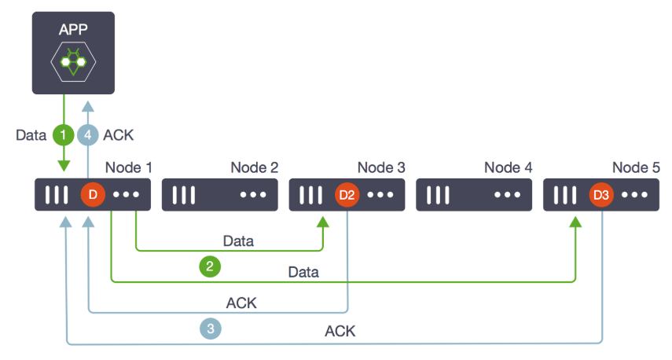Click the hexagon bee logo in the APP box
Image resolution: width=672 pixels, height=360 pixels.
click(x=73, y=62)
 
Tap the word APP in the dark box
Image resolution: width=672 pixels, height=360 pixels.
click(x=73, y=29)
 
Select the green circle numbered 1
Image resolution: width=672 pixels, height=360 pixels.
click(x=64, y=135)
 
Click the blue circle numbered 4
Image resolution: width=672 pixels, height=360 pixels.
click(x=88, y=135)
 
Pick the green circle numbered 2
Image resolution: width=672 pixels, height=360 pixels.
click(x=210, y=266)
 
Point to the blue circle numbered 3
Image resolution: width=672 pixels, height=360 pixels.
click(x=211, y=329)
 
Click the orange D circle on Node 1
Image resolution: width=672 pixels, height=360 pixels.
click(x=93, y=195)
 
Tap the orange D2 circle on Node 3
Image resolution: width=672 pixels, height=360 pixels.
click(x=347, y=195)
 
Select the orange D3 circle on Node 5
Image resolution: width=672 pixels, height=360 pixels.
click(x=601, y=195)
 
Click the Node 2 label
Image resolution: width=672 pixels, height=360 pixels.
click(x=255, y=167)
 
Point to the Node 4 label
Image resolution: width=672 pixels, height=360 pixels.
click(x=509, y=167)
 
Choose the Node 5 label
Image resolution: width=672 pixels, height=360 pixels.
click(x=636, y=167)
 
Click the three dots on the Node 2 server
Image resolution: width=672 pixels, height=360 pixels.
click(x=253, y=195)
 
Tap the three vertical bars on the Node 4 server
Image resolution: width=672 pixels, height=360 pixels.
click(x=438, y=195)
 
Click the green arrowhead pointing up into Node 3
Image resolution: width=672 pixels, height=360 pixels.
click(x=323, y=222)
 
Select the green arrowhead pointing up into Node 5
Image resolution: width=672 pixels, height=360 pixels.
click(x=575, y=222)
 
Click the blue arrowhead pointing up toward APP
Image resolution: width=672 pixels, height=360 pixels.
click(x=88, y=106)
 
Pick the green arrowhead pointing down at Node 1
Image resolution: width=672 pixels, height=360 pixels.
click(x=64, y=166)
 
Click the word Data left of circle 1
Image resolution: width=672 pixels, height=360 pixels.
click(x=31, y=135)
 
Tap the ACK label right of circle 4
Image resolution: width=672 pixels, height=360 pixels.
click(x=118, y=135)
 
